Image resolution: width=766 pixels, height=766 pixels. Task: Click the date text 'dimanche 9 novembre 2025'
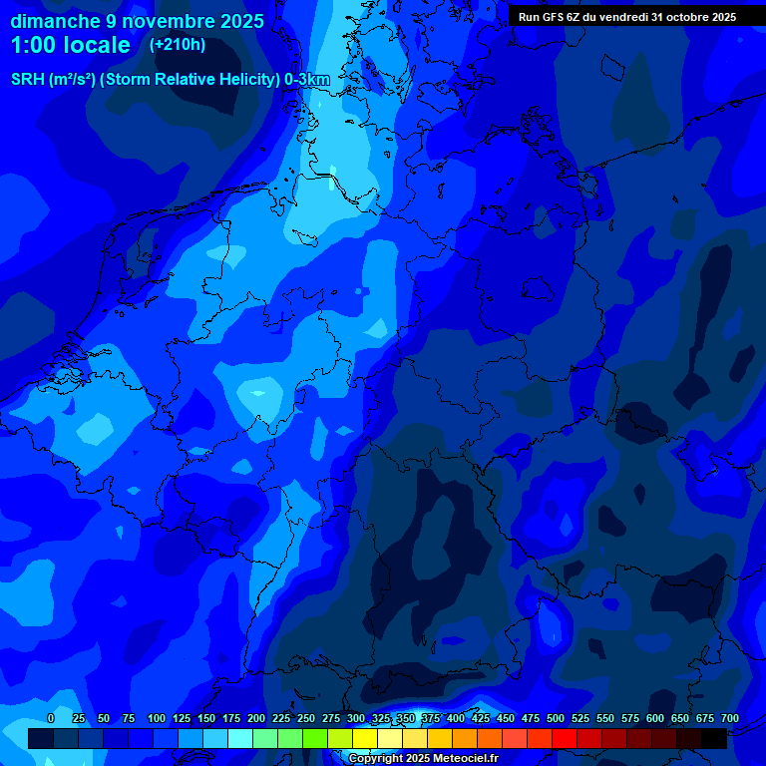[x=137, y=21]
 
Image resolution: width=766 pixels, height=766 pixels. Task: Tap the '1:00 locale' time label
[x=71, y=45]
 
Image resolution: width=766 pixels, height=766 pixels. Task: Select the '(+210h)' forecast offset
[x=178, y=45]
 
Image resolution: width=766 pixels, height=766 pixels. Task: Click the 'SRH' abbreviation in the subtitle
[x=27, y=79]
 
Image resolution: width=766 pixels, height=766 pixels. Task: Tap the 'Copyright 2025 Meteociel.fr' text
[x=423, y=758]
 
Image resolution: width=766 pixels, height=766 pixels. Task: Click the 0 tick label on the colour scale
[x=51, y=718]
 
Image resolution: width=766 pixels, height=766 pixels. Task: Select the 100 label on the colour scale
[x=157, y=718]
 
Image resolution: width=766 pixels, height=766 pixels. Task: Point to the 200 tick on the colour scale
[x=256, y=718]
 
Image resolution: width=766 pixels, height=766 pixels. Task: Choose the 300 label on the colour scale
[x=356, y=718]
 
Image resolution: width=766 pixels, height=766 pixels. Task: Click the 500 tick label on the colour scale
[x=556, y=718]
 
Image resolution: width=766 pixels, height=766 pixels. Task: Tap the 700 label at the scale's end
[x=730, y=718]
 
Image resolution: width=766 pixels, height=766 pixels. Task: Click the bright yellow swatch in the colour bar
[x=365, y=738]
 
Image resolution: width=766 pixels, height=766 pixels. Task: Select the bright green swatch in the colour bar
[x=315, y=738]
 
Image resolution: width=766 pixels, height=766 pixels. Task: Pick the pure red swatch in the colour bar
[x=565, y=738]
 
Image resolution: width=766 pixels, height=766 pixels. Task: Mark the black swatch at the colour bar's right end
[x=714, y=738]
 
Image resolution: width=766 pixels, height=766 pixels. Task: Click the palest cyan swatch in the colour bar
[x=240, y=738]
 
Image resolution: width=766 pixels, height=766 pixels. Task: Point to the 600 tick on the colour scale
[x=655, y=718]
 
